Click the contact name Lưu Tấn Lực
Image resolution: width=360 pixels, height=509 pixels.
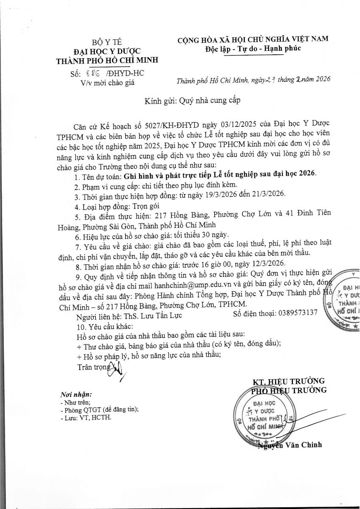coord(151,315)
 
